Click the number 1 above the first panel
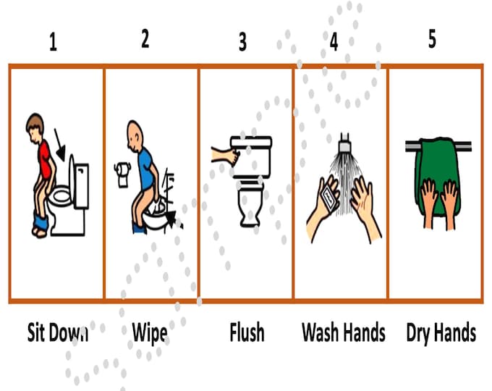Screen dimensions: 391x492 [x=53, y=43]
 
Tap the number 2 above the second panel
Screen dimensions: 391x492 [x=145, y=40]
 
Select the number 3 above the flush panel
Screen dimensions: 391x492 [x=242, y=42]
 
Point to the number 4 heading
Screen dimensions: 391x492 [x=334, y=42]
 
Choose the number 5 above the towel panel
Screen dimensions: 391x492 [x=432, y=39]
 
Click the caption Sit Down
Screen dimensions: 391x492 [x=58, y=332]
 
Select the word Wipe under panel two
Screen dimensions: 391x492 [x=150, y=333]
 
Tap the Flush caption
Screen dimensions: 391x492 [x=247, y=332]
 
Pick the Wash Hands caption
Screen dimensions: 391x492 [x=343, y=332]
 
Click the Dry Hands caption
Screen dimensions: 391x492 [x=441, y=332]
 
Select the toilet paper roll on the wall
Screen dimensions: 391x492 [x=122, y=174]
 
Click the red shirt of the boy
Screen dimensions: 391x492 [x=45, y=159]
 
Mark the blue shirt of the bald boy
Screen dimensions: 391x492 [x=145, y=167]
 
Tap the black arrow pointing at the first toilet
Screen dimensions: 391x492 [x=61, y=151]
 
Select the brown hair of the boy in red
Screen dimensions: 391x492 [x=34, y=122]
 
